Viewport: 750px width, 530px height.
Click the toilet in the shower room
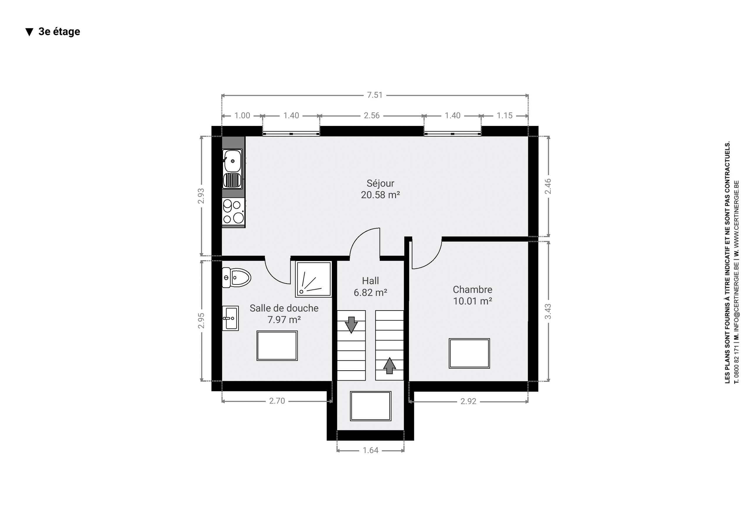point(236,278)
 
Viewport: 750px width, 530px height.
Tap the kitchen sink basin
point(233,161)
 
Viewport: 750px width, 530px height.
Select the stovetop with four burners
point(233,212)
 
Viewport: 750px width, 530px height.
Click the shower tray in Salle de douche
point(313,279)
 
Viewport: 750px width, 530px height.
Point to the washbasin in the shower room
point(230,318)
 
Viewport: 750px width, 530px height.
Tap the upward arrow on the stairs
point(389,366)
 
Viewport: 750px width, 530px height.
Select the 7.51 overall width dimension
point(375,95)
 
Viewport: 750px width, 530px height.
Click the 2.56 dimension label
point(372,116)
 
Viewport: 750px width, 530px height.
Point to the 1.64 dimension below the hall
point(370,450)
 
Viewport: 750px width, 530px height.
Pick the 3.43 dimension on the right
point(548,311)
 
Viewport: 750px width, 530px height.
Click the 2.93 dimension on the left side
point(201,196)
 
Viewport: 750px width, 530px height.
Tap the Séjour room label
point(380,183)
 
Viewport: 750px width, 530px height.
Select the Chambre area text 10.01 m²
point(472,301)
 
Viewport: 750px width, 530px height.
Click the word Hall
point(370,281)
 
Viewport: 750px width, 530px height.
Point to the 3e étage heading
point(59,31)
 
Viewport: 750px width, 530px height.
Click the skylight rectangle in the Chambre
point(469,354)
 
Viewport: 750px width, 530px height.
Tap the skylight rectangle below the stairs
point(370,406)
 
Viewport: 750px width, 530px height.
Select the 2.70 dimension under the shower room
point(277,401)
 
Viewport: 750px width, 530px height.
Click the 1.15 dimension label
point(504,116)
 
